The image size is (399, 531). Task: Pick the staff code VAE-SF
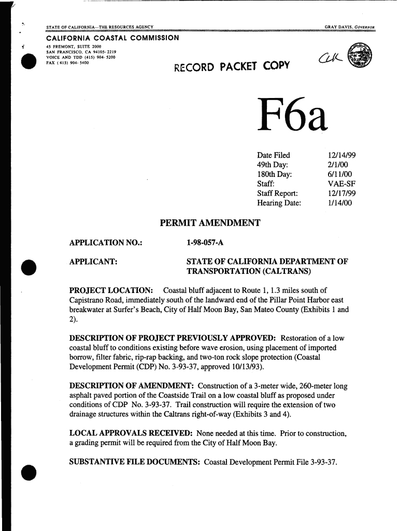click(x=341, y=184)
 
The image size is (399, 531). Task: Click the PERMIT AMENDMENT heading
click(x=209, y=223)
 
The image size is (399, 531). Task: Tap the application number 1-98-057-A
click(x=204, y=242)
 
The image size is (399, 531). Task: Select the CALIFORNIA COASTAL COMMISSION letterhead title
click(x=112, y=38)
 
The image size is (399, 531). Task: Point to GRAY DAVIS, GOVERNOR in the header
click(x=349, y=27)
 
